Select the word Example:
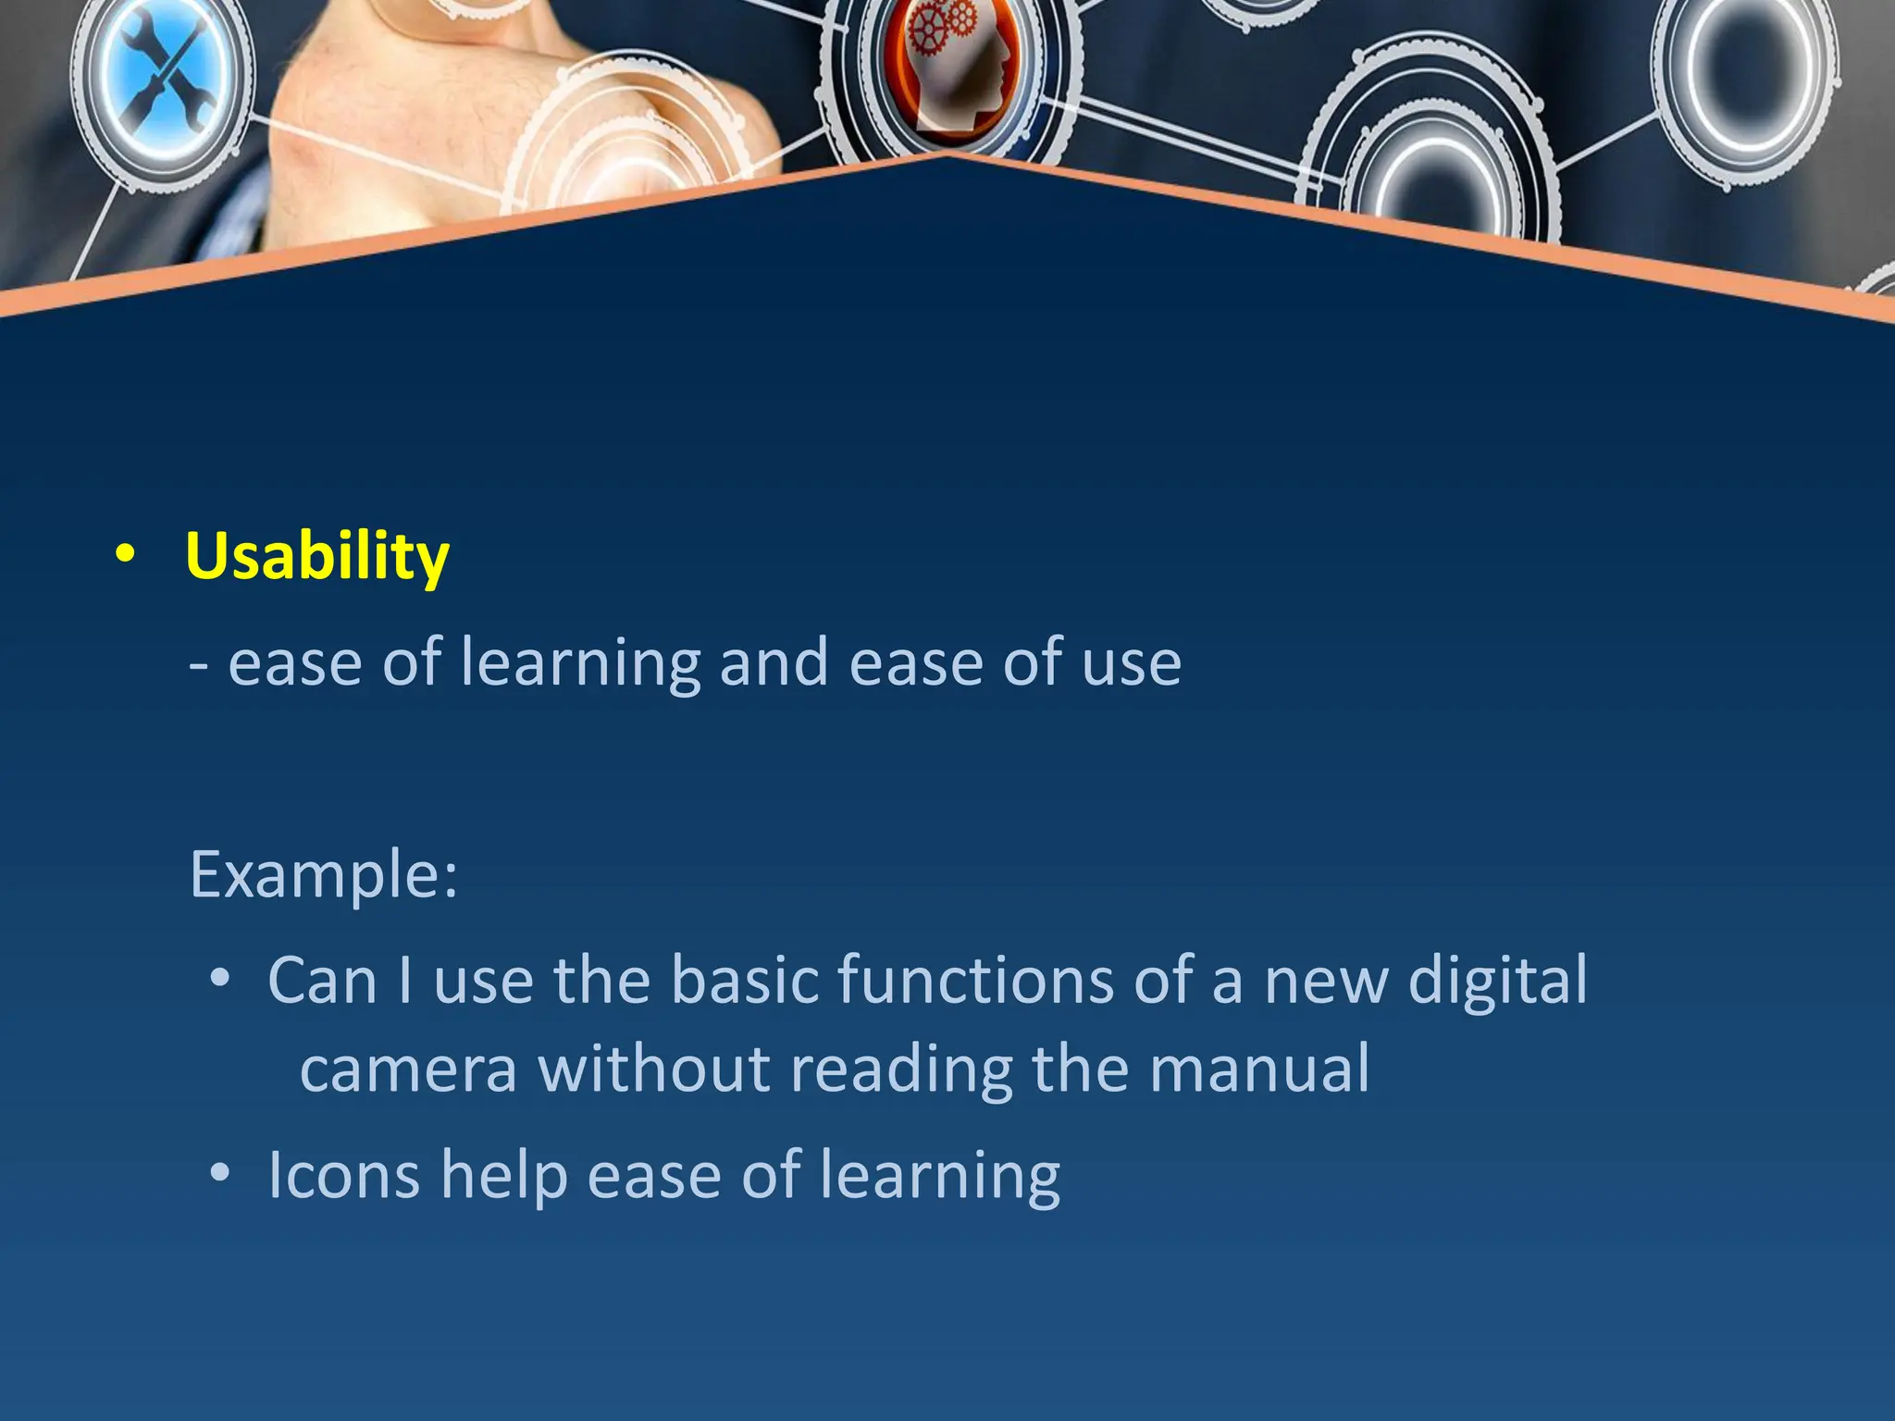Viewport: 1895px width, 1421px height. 324,874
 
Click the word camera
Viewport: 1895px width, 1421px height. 408,1069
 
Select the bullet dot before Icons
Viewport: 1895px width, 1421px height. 219,1173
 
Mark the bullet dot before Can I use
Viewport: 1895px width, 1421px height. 219,978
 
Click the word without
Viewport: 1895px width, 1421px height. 654,1069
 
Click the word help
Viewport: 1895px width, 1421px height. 503,1177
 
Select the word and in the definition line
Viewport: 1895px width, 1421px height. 774,663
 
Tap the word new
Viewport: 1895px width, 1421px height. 1326,982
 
